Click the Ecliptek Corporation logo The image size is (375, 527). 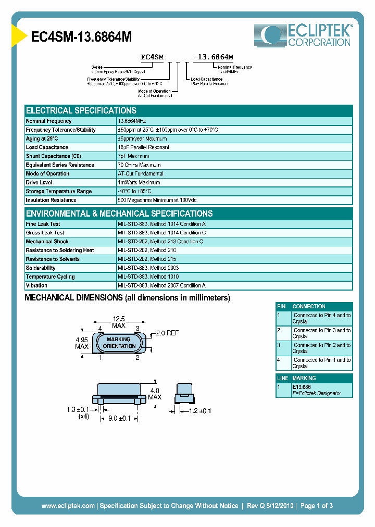point(303,36)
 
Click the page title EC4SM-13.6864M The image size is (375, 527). point(81,37)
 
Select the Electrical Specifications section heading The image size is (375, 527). point(81,111)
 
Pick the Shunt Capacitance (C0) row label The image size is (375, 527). point(54,156)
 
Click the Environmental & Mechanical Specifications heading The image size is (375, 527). point(119,214)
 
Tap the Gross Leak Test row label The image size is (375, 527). point(45,233)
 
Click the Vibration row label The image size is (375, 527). point(36,285)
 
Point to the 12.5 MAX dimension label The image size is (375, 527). point(119,322)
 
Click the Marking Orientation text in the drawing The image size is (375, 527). point(119,343)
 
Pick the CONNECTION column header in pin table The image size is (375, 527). point(309,307)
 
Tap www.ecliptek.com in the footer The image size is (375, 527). point(68,506)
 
